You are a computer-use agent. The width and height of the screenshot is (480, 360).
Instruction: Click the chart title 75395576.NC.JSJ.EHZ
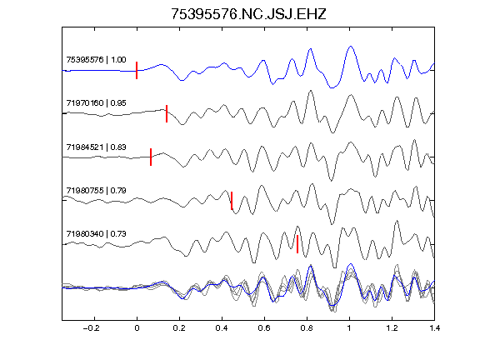tap(248, 14)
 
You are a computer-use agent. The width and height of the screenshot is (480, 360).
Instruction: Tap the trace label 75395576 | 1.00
tap(96, 59)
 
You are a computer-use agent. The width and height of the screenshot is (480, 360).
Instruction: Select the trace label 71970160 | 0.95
tap(96, 102)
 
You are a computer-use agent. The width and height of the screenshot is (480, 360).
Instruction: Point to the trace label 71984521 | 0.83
tap(96, 147)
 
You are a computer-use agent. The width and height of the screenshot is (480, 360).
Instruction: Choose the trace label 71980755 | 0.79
tap(96, 191)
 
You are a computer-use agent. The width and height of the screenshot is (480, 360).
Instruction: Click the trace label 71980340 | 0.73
tap(96, 234)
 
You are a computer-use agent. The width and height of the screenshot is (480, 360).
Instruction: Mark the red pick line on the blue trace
tap(137, 70)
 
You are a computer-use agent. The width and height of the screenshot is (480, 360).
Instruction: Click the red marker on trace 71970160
tap(167, 113)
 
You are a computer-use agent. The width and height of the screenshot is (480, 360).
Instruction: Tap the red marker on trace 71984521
tap(151, 157)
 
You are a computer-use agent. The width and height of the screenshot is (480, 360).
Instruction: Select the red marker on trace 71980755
tap(232, 201)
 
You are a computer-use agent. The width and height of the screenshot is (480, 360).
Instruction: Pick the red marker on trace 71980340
tap(297, 244)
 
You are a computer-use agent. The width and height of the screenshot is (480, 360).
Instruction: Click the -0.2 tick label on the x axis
tap(91, 328)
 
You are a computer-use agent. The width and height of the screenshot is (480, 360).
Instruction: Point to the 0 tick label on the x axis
tap(137, 328)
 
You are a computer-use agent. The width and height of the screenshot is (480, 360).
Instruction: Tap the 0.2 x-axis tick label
tap(179, 328)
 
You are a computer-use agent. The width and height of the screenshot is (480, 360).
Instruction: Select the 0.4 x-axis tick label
tap(222, 328)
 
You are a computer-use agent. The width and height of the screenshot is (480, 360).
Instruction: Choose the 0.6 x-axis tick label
tap(264, 328)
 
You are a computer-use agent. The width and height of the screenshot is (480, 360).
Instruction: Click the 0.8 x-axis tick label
tap(307, 328)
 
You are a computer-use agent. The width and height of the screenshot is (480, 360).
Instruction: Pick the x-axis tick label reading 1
tap(349, 328)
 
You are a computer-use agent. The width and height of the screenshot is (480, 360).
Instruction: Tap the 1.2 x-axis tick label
tap(392, 328)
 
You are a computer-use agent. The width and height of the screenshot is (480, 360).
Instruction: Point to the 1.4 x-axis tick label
tap(434, 328)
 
